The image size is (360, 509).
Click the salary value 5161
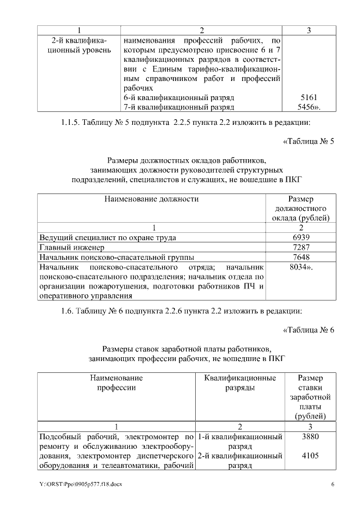coord(309,97)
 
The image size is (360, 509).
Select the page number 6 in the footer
coord(332,484)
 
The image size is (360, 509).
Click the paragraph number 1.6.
coord(68,310)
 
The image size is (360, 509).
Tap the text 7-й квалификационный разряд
coord(178,106)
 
